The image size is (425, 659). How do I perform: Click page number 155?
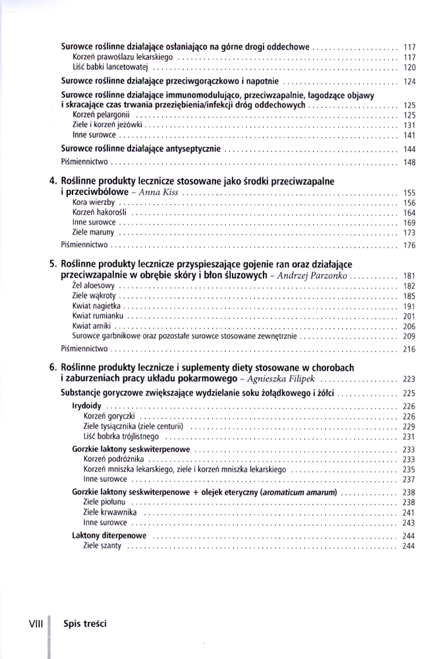coord(408,193)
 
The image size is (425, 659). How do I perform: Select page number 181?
coord(408,275)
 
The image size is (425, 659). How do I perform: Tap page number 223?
coord(408,380)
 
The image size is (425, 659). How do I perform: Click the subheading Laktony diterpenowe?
coord(109,536)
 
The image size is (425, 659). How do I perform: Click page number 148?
coord(408,162)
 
